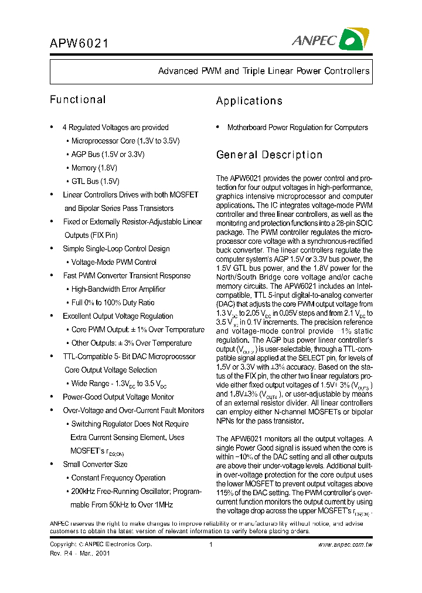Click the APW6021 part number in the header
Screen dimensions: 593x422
79,44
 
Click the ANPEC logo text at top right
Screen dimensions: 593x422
314,40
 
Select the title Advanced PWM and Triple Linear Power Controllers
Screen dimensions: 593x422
264,71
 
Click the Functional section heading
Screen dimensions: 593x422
77,100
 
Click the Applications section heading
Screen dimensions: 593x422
249,101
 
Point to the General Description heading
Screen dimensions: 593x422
269,155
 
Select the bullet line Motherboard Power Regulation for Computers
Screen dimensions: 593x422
297,127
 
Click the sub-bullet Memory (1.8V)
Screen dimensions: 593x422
91,168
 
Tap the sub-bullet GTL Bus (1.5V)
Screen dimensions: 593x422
95,181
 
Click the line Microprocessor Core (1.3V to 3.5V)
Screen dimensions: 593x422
125,141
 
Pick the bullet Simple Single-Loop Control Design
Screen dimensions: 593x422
116,248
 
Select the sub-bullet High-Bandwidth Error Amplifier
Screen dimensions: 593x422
118,289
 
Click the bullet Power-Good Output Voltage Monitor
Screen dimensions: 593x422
118,397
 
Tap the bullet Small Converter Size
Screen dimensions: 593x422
94,464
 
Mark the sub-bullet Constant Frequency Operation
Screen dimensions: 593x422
118,478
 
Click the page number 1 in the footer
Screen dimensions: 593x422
210,544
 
